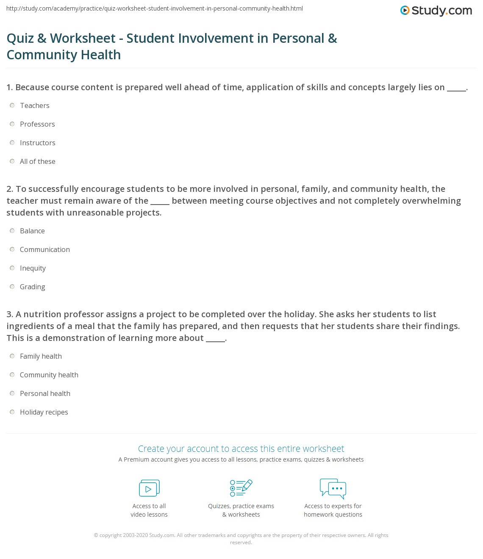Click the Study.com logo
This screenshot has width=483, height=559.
coord(436,11)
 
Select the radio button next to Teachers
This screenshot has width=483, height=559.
coord(12,105)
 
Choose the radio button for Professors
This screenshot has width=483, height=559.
coord(12,124)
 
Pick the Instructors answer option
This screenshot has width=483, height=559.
coord(37,143)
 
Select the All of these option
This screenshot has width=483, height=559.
coord(37,161)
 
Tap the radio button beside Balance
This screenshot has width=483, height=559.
coord(12,231)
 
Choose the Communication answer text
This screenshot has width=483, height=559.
coord(44,249)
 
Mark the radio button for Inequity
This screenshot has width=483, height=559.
coord(12,268)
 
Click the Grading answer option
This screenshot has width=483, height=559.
coord(32,287)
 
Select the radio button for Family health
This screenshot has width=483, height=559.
coord(12,356)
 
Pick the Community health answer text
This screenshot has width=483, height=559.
coord(49,375)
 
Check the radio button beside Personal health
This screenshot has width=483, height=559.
coord(12,393)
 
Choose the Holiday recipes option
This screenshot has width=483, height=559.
coord(44,412)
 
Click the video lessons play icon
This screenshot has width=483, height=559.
coord(149,488)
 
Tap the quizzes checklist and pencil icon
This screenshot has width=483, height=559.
coord(241,488)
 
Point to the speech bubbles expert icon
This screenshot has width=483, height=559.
coord(333,488)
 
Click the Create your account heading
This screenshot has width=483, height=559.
coord(241,448)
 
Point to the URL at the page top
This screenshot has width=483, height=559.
coord(155,8)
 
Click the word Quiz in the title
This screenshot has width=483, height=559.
coord(20,38)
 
